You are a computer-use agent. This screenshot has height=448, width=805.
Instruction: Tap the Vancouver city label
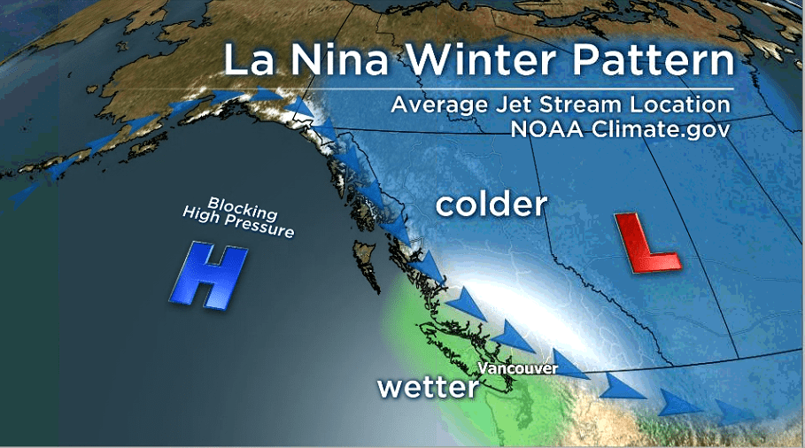[517, 367]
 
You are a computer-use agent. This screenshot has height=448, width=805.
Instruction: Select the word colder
[492, 205]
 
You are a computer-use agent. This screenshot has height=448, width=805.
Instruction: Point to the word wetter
[428, 387]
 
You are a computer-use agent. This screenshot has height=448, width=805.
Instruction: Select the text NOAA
[546, 128]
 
